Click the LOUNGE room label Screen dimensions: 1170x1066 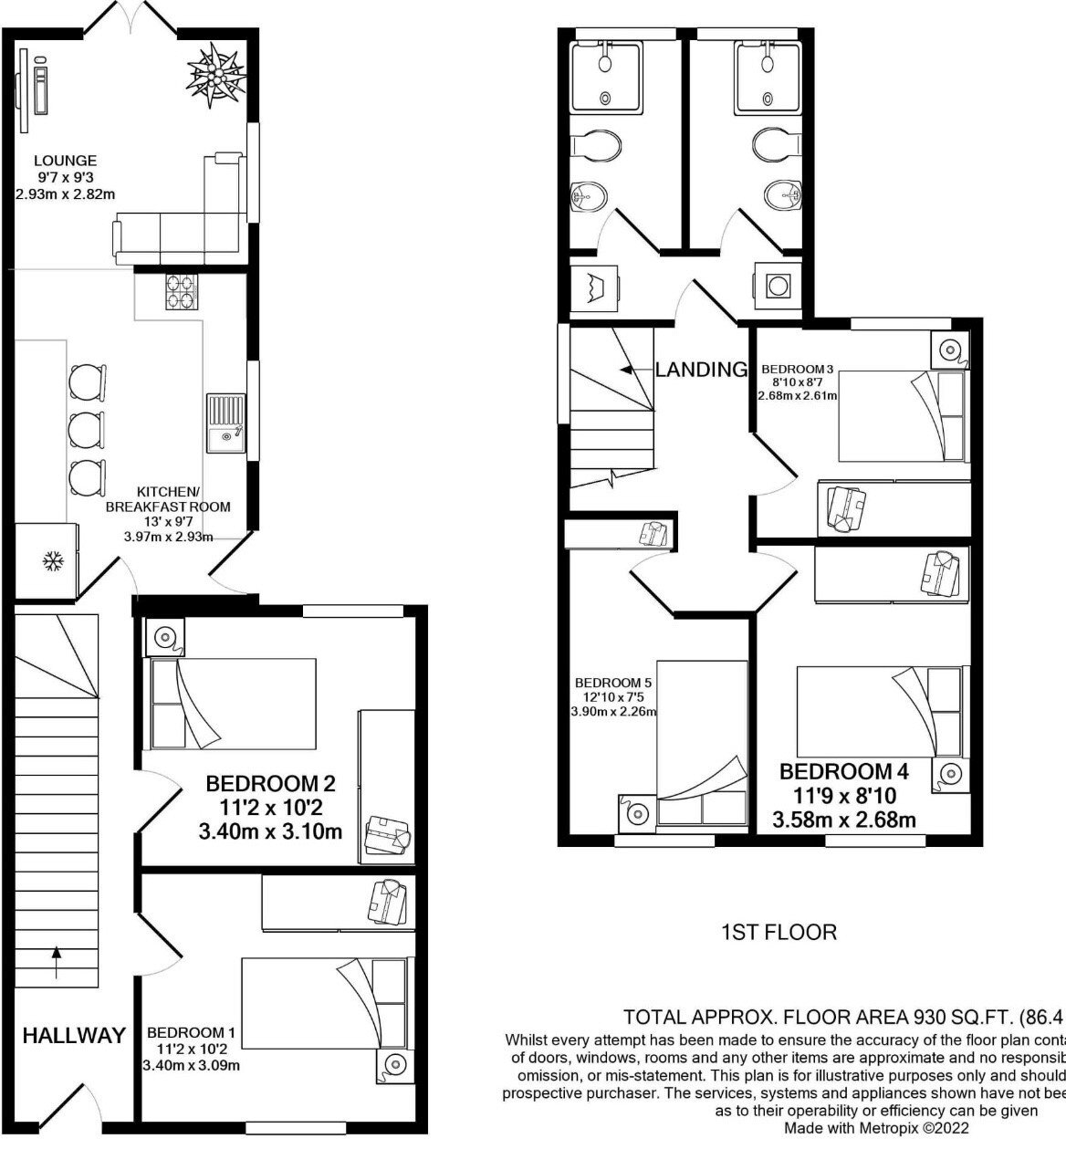(67, 161)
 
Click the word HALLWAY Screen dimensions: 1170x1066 (74, 1036)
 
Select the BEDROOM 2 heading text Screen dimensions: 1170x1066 (270, 783)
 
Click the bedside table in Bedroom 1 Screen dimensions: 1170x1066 (395, 1063)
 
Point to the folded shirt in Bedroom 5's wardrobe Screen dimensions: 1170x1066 (653, 534)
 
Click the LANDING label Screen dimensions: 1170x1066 (701, 370)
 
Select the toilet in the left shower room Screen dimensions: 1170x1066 (596, 145)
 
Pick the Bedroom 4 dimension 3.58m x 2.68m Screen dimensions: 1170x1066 (844, 820)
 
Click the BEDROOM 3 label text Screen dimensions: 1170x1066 (796, 370)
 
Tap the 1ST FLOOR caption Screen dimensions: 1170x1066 (779, 932)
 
